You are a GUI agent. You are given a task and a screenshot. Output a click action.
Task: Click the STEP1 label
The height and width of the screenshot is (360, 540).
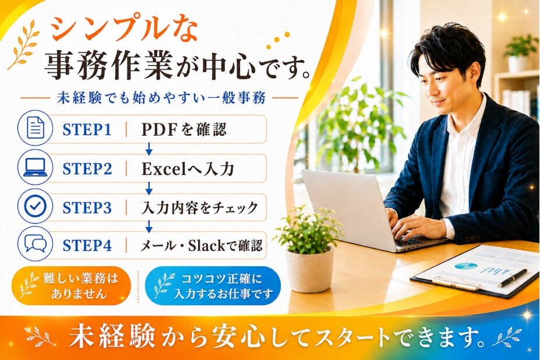[87, 129]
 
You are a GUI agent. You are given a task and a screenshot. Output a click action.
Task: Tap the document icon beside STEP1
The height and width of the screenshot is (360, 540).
[35, 129]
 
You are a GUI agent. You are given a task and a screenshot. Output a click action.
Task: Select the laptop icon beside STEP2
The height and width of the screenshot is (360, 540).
[35, 168]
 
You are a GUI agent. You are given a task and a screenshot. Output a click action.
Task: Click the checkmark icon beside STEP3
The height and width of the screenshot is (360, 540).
[35, 206]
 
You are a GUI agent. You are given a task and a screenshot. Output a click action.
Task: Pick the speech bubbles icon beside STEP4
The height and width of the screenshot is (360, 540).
[35, 244]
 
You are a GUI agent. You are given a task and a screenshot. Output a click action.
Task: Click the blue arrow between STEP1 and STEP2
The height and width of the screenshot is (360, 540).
[149, 149]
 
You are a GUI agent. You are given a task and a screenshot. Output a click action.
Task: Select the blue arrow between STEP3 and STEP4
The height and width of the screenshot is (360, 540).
[149, 226]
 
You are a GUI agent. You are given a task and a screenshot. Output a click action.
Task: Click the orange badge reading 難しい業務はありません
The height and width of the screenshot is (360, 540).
[71, 285]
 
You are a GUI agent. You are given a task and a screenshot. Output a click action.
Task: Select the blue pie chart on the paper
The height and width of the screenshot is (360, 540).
[466, 266]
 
